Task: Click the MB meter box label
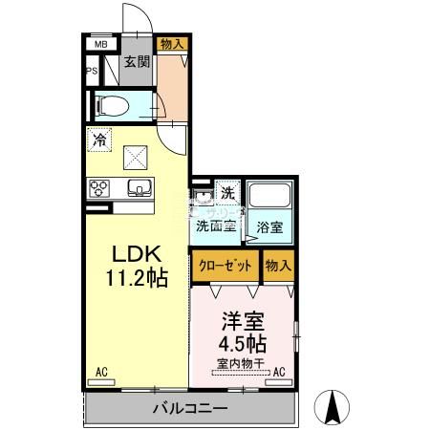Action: [101, 44]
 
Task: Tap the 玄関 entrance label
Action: [137, 62]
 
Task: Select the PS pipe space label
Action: [92, 71]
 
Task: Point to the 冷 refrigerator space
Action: [99, 140]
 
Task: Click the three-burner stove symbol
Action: [99, 188]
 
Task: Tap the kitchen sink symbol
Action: [140, 188]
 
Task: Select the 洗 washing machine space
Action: [227, 192]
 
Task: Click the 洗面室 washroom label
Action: [216, 226]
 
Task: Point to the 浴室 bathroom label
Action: [269, 227]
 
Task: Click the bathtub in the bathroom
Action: [269, 195]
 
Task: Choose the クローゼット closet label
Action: [226, 266]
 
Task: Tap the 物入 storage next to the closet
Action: [279, 266]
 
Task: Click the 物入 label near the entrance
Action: [172, 44]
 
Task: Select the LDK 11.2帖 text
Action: [137, 267]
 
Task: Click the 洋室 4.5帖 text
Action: [243, 332]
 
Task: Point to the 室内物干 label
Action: [241, 363]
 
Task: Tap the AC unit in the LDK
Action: [101, 382]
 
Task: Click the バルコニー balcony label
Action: [190, 408]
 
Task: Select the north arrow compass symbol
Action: [332, 407]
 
